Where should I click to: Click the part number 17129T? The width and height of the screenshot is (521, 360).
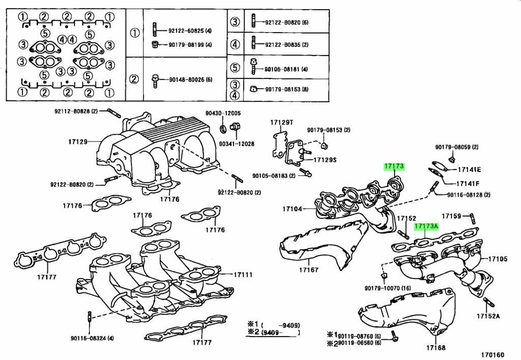pos(282,123)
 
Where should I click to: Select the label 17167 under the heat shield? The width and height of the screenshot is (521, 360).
pos(308,270)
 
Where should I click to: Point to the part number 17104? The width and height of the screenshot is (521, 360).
pos(293,209)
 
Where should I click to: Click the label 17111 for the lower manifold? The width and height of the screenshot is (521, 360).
pos(243,274)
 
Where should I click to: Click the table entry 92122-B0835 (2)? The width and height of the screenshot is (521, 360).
pos(286,45)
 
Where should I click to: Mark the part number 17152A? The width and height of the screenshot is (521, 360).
pos(488,316)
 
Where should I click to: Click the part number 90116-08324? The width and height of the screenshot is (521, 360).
pos(92,338)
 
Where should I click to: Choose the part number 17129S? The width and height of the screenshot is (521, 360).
pos(324,159)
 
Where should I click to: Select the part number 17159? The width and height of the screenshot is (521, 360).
pos(451,216)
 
